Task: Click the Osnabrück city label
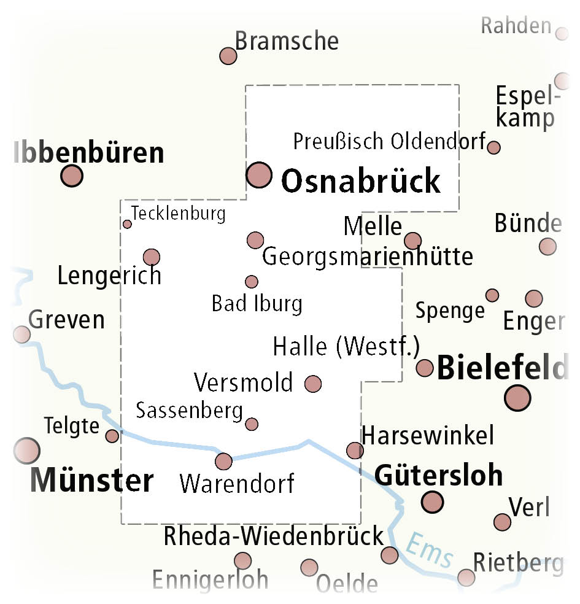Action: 360,181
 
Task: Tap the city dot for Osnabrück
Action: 259,175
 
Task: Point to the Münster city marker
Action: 27,451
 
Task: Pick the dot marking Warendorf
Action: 223,461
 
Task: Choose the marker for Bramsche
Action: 228,56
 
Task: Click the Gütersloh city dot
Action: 433,501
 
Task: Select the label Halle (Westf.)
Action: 346,347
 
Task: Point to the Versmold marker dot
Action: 313,384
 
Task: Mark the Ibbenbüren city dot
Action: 72,176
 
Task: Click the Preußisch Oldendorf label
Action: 389,141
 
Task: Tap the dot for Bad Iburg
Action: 252,282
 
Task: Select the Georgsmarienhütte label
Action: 368,257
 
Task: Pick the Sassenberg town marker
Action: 252,424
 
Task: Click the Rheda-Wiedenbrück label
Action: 273,536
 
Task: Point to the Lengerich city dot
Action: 151,257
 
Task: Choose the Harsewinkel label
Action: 428,436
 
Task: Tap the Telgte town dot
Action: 112,436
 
